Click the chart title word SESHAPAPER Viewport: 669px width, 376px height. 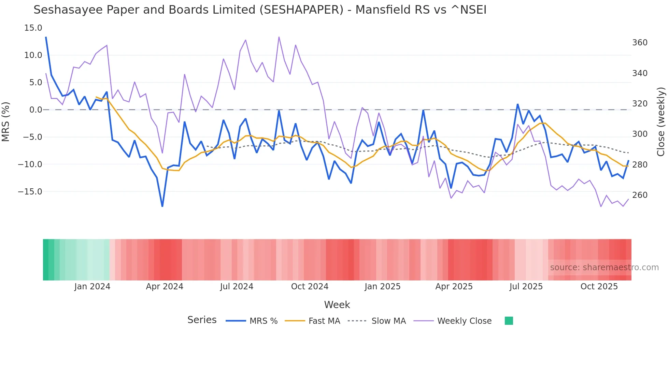click(x=301, y=10)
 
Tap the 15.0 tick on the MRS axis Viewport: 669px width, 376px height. click(x=33, y=28)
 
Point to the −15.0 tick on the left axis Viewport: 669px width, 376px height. click(x=30, y=192)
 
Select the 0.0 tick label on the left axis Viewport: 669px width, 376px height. click(x=35, y=110)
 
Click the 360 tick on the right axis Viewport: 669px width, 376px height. click(x=640, y=43)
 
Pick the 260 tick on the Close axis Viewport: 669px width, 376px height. click(x=640, y=195)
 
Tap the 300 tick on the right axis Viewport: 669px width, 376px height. click(x=640, y=134)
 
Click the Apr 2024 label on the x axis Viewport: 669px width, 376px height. click(x=165, y=287)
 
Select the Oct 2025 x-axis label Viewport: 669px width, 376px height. click(x=599, y=287)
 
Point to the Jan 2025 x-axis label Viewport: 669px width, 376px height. click(x=382, y=287)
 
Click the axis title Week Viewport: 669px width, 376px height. click(x=337, y=305)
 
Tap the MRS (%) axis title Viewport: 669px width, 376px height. click(x=6, y=121)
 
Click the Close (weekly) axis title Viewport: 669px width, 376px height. click(x=661, y=121)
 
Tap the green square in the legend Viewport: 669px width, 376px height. click(x=509, y=321)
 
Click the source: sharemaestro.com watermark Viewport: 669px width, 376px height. click(x=604, y=267)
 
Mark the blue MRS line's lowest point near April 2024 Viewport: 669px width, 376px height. click(x=162, y=206)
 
